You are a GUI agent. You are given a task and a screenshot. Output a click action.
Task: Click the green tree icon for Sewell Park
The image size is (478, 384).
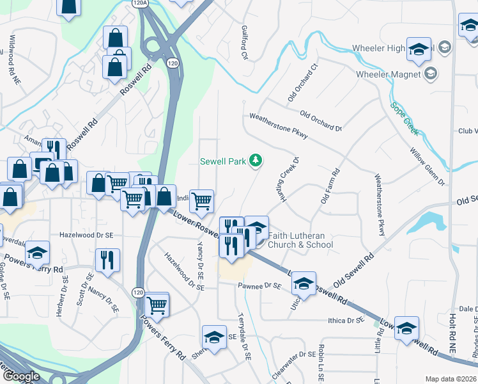tap(256, 160)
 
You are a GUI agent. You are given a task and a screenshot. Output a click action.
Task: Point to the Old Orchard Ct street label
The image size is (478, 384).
tap(302, 82)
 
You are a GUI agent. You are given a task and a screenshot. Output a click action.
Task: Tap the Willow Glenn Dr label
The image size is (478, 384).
tap(428, 168)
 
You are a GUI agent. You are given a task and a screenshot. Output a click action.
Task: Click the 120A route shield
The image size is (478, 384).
tap(140, 3)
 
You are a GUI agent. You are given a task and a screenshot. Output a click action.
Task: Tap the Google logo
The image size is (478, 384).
tap(20, 376)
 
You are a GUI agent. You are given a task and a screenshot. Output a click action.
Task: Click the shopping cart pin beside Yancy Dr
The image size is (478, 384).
tap(202, 201)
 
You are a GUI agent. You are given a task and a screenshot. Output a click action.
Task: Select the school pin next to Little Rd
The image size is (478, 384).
tap(406, 329)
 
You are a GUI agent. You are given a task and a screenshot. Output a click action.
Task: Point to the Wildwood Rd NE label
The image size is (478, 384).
tap(12, 53)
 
